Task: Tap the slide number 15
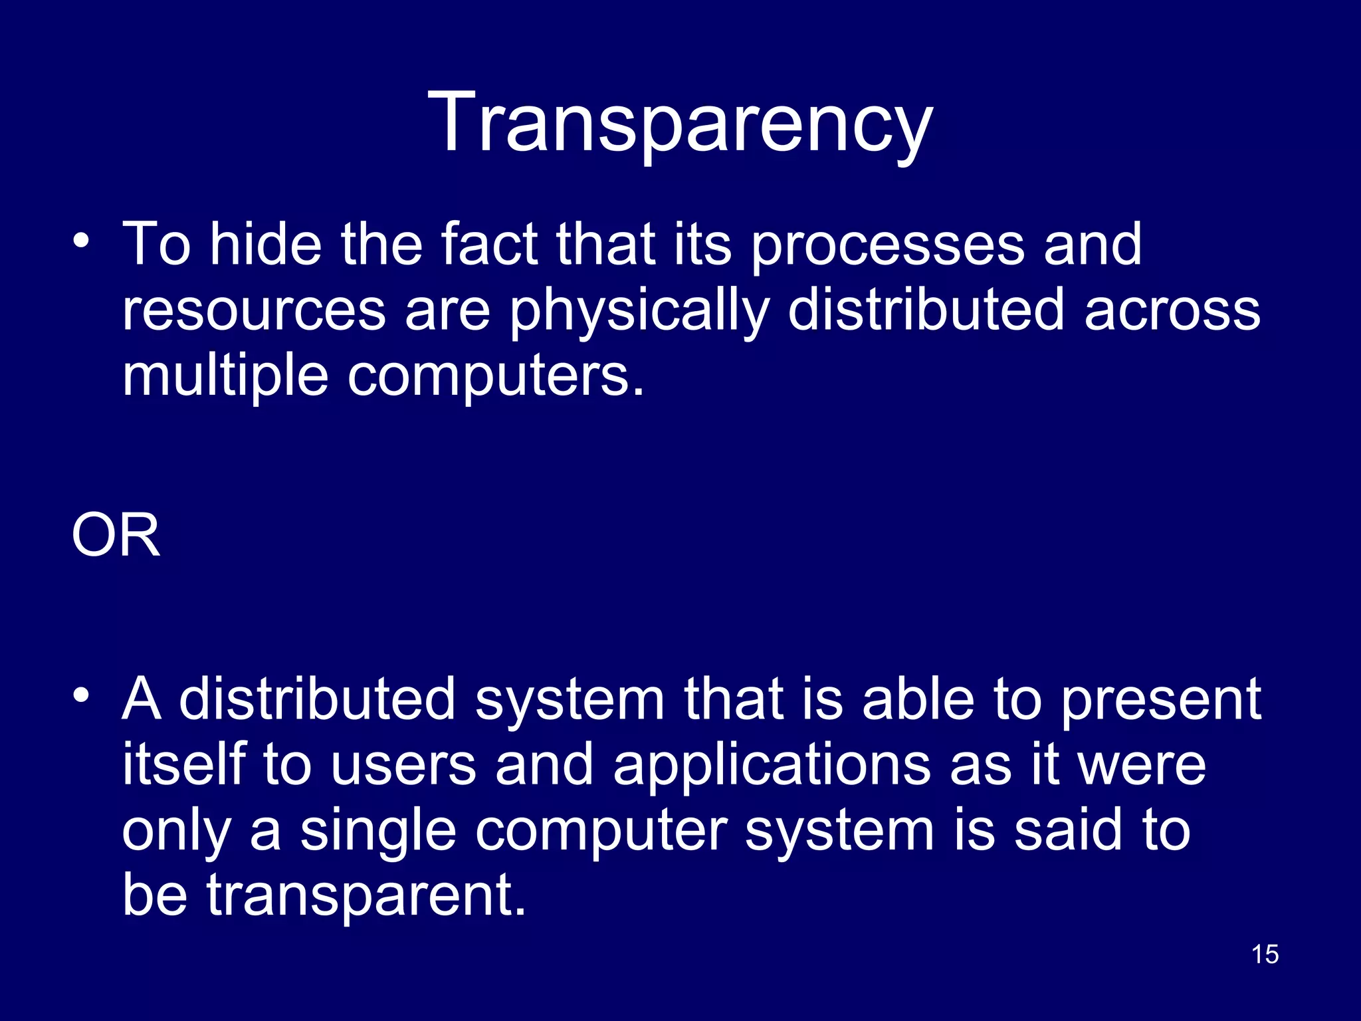pos(1265,955)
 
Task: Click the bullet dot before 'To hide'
pos(81,240)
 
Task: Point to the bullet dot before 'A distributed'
pos(81,695)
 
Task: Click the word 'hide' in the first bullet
pos(265,245)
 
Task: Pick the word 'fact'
pos(490,245)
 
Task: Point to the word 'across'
pos(1172,311)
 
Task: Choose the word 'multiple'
pos(225,376)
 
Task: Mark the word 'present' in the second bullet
pos(1160,701)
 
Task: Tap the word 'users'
pos(403,766)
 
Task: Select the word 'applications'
pos(772,766)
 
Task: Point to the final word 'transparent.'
pos(366,896)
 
